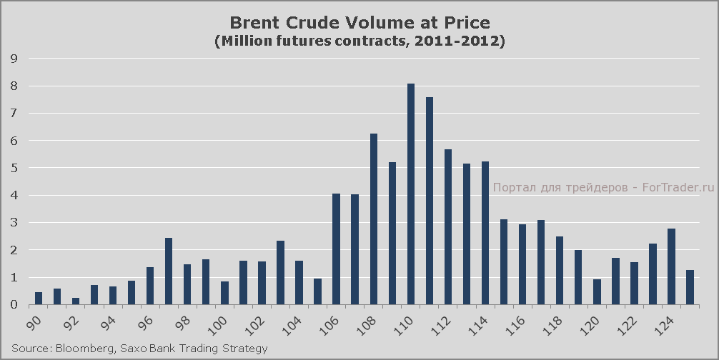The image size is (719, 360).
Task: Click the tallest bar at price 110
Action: (411, 194)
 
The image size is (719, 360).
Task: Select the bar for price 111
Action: (430, 201)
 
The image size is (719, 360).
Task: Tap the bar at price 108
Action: (374, 219)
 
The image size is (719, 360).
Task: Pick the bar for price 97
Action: (169, 271)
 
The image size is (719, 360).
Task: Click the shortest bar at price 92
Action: (76, 301)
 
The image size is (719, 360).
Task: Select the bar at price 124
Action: (671, 266)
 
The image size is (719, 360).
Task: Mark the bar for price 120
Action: (597, 292)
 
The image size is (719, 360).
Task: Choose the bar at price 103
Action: (281, 273)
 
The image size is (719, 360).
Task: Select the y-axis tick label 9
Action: (14, 59)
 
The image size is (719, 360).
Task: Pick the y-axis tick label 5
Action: (14, 169)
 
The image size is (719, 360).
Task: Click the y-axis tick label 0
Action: (14, 305)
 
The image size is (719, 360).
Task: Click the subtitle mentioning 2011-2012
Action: (359, 41)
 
